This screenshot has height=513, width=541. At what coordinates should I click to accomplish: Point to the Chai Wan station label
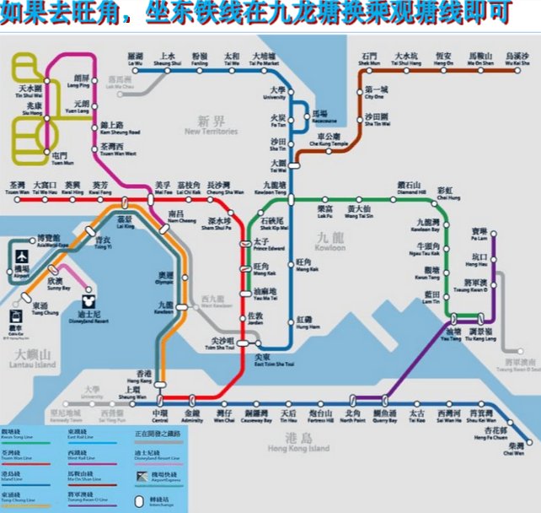click(526, 448)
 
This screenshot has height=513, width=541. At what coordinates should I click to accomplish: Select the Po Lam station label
click(479, 234)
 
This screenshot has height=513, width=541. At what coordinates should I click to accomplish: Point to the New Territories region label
click(211, 125)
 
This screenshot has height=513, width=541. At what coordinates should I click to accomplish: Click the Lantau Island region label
click(32, 358)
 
